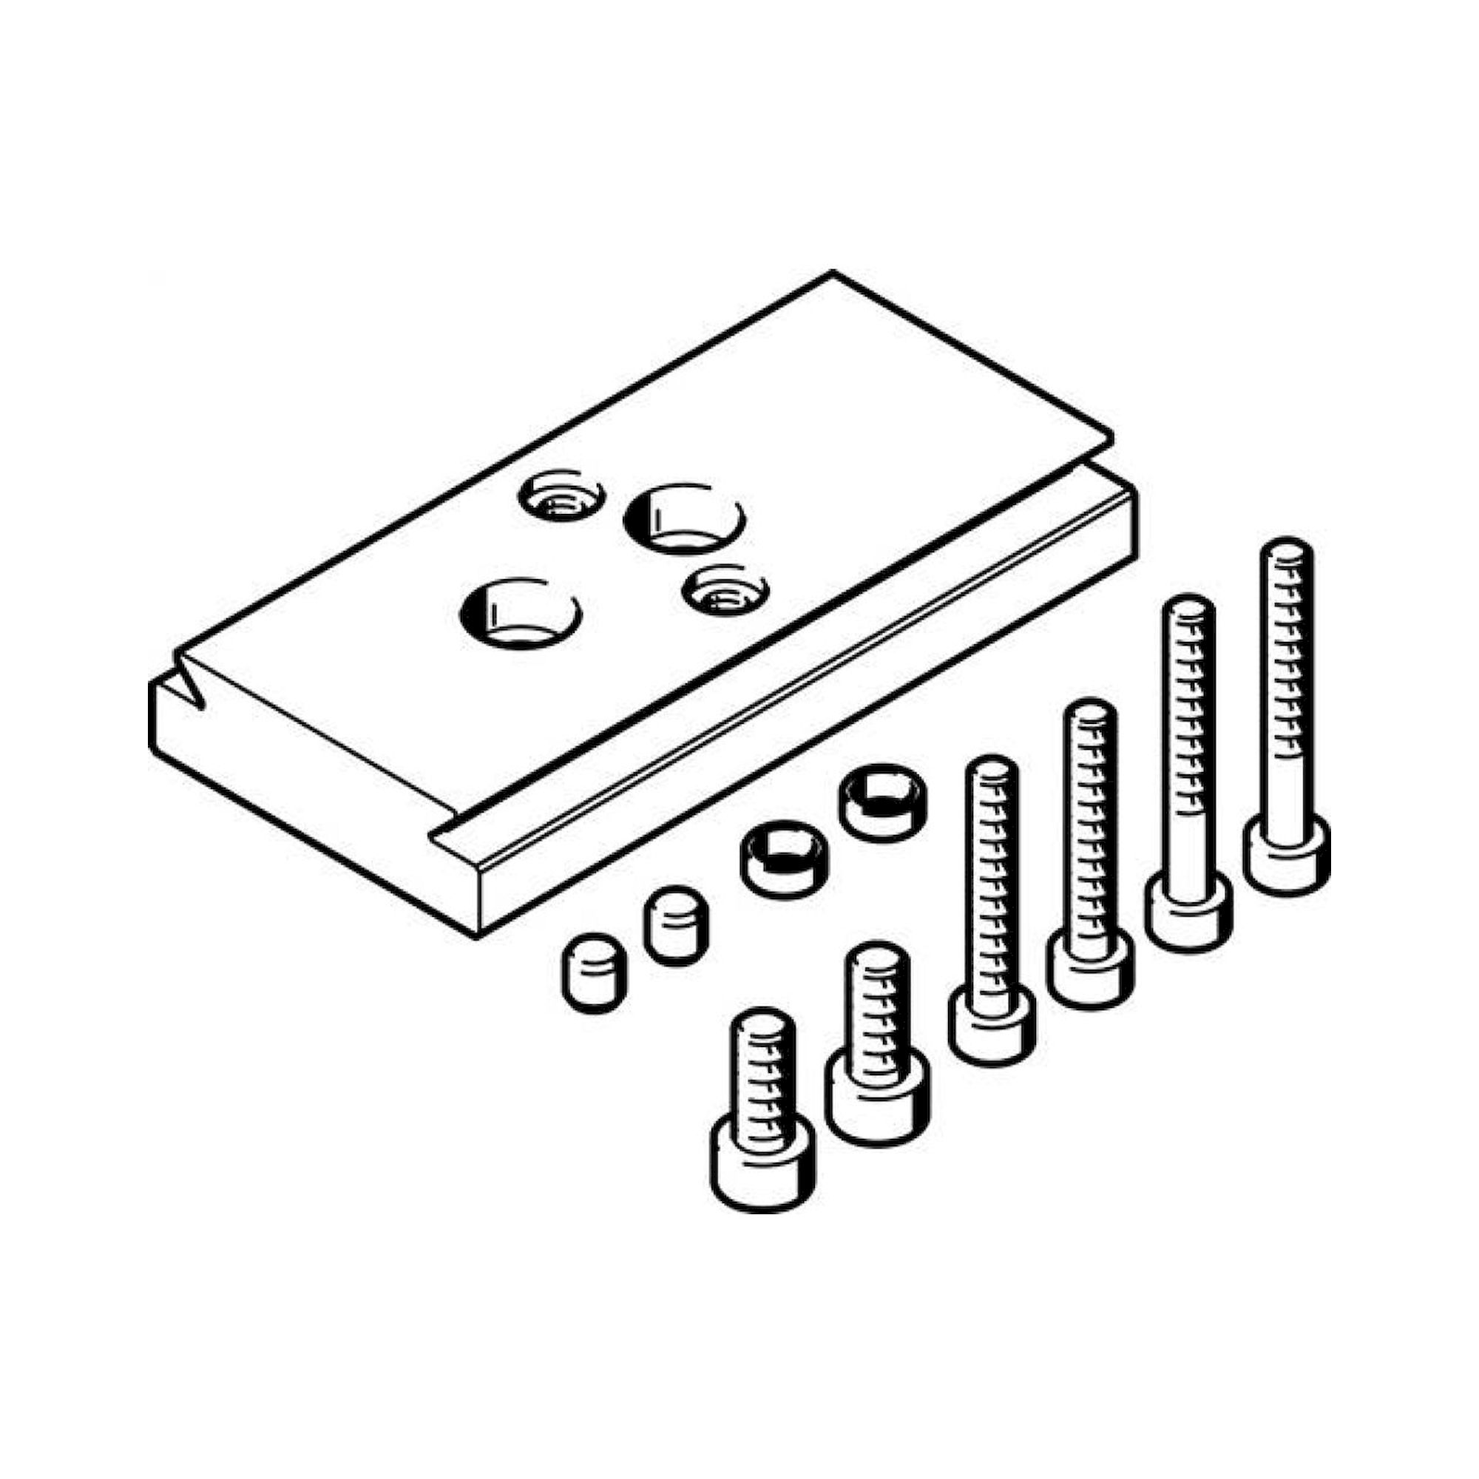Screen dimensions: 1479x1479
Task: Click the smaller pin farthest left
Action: pyautogui.click(x=594, y=972)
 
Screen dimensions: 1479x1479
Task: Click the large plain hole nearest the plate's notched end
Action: pyautogui.click(x=521, y=615)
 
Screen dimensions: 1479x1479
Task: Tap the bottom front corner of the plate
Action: pyautogui.click(x=476, y=935)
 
